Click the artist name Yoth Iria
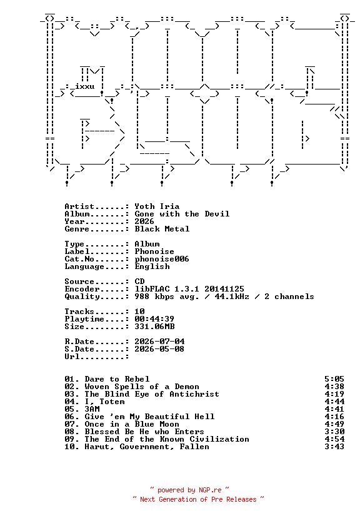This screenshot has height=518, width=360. (x=157, y=206)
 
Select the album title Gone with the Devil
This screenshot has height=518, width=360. (x=182, y=214)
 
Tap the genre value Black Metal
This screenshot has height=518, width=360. (x=162, y=229)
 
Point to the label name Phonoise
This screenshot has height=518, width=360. (x=154, y=251)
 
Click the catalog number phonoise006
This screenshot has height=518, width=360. (x=162, y=260)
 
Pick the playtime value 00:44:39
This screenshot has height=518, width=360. (x=154, y=319)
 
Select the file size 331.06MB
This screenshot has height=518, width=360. (x=154, y=327)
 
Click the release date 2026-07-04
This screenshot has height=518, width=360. (x=159, y=342)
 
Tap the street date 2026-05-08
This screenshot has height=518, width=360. (x=159, y=349)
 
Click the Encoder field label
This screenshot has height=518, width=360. (x=82, y=289)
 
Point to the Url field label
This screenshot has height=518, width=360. (x=72, y=357)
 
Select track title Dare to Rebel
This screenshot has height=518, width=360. (x=117, y=379)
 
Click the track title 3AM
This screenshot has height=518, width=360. (x=92, y=409)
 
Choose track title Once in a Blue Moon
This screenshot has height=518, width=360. (x=132, y=424)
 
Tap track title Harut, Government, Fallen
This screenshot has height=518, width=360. (x=147, y=447)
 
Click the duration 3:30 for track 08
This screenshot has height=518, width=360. (x=334, y=432)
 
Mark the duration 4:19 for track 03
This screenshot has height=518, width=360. (x=334, y=394)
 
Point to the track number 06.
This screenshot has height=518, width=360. (x=69, y=417)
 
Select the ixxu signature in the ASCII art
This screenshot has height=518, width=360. (x=85, y=86)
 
